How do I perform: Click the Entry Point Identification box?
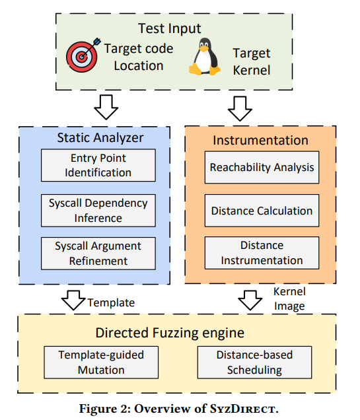point(98,165)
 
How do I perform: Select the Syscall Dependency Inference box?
point(98,211)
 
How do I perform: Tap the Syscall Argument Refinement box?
point(98,254)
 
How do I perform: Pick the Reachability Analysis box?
point(262,168)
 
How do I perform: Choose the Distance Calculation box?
point(262,211)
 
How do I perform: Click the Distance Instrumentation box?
point(262,253)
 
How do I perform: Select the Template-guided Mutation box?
point(101,363)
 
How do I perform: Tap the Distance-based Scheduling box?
point(254,363)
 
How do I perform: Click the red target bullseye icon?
point(83,55)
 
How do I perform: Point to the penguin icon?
point(205,56)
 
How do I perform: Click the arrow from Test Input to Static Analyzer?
point(106,107)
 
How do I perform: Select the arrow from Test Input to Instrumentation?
point(240,108)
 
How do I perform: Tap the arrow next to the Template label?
point(73,300)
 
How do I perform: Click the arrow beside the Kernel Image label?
point(250,300)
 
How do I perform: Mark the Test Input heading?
point(170,28)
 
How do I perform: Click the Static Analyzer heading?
point(100,137)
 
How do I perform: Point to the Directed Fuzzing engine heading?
point(170,333)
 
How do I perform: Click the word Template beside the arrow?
point(111,303)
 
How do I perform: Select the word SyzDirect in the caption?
point(244,409)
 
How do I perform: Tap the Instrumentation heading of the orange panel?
point(261,141)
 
